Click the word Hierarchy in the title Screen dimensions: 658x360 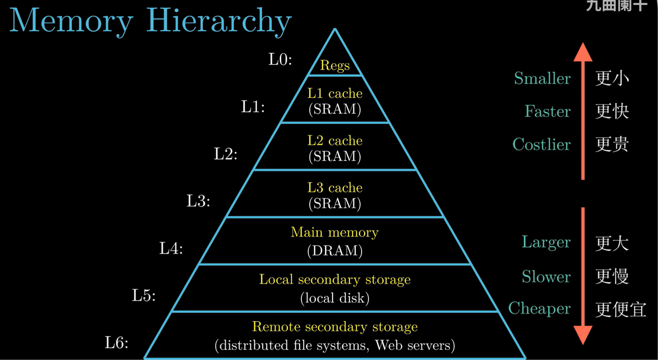coord(219,20)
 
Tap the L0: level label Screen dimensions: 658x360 coord(280,59)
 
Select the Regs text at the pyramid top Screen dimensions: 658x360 coord(335,65)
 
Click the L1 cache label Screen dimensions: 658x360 coord(335,93)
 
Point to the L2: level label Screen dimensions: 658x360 coord(225,154)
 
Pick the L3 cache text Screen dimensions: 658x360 coord(335,187)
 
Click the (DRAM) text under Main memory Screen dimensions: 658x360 coord(335,251)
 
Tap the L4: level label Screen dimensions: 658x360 coord(171,248)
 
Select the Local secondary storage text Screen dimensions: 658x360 coord(335,279)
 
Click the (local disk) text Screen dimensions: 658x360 coord(335,298)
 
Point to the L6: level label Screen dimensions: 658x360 coord(117,343)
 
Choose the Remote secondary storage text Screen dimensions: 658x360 coord(335,327)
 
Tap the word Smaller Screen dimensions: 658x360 coord(542,78)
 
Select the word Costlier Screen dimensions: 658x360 coord(541,145)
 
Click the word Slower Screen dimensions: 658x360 coord(546,276)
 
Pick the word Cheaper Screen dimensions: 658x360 coord(539,308)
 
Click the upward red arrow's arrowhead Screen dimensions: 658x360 coord(583,53)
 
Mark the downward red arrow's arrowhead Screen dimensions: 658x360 coord(583,335)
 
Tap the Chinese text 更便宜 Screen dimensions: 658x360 coord(620,309)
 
